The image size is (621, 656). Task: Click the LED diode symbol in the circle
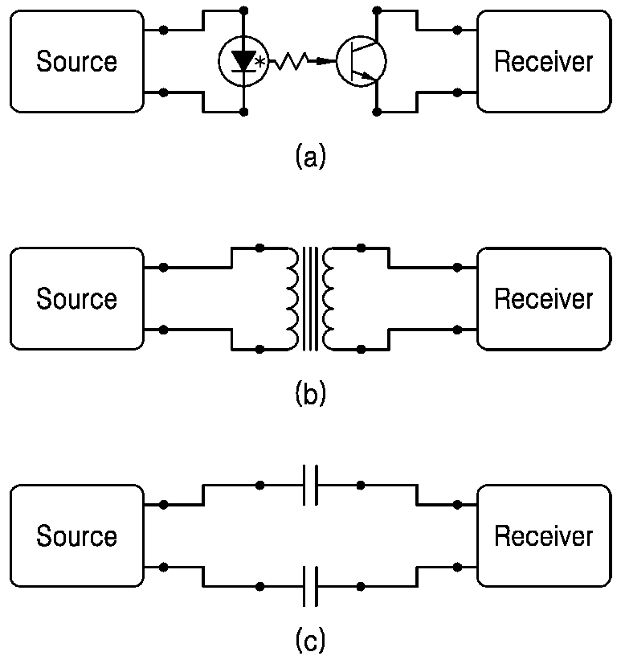pyautogui.click(x=243, y=61)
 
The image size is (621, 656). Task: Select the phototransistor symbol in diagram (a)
pyautogui.click(x=362, y=61)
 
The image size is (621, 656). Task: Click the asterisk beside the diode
pyautogui.click(x=260, y=64)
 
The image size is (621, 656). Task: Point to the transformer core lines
pyautogui.click(x=310, y=299)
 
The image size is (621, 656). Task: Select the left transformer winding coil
pyautogui.click(x=292, y=299)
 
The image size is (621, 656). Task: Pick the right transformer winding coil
pyautogui.click(x=329, y=299)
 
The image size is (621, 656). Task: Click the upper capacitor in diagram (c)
pyautogui.click(x=310, y=485)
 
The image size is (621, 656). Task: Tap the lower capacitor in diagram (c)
pyautogui.click(x=310, y=587)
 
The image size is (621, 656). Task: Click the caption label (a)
pyautogui.click(x=310, y=156)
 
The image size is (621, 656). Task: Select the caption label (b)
pyautogui.click(x=310, y=393)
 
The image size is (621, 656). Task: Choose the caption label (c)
pyautogui.click(x=310, y=638)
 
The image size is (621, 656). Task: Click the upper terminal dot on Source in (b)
pyautogui.click(x=164, y=268)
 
